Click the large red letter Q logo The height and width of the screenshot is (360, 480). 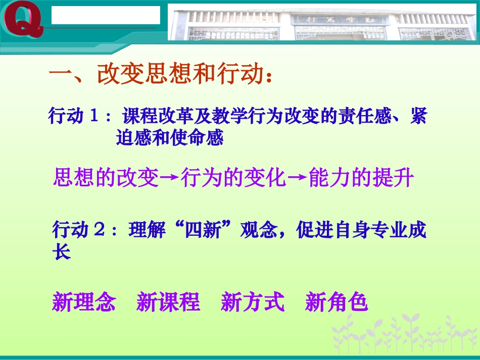(23, 21)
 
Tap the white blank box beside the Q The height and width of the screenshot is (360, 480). (106, 15)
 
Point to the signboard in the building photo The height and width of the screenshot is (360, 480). (339, 20)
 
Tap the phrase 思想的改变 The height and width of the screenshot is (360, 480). (106, 178)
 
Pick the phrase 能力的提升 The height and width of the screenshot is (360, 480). (361, 178)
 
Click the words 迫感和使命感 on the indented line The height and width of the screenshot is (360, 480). (170, 137)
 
